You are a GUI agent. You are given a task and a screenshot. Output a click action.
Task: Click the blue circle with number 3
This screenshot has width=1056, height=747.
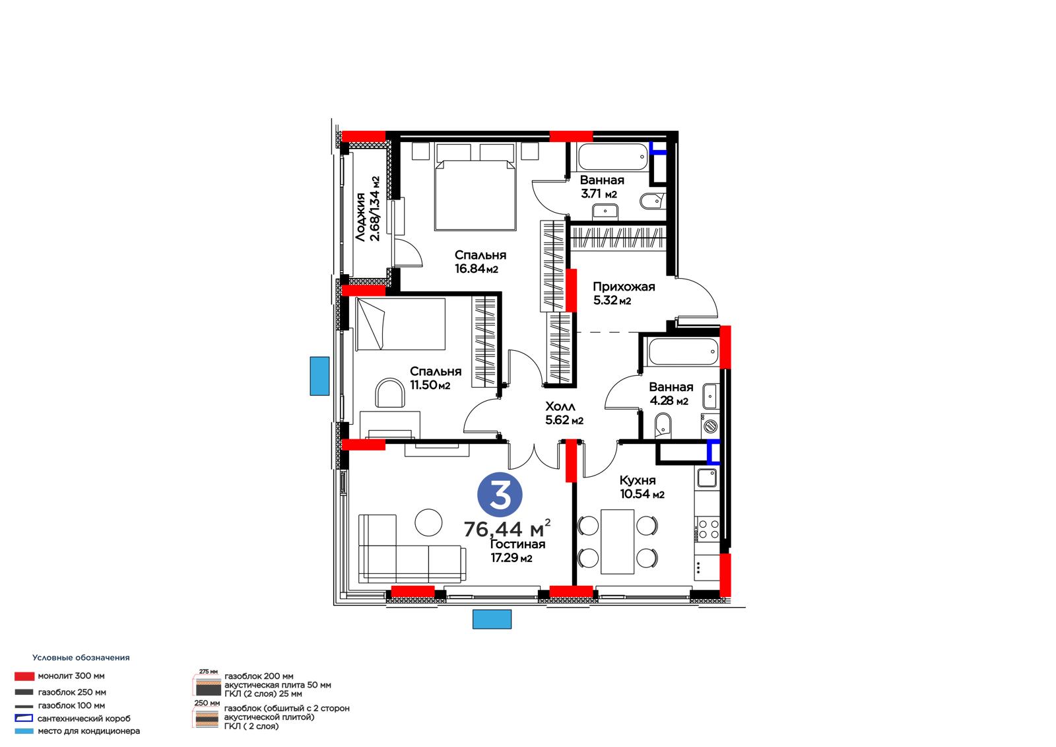coord(500,495)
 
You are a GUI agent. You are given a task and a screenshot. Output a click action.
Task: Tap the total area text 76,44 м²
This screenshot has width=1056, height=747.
coord(508,529)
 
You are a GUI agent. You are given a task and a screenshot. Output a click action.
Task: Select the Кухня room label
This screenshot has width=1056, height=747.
coord(638,480)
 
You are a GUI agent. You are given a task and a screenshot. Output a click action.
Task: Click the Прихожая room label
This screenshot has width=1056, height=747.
coord(624,287)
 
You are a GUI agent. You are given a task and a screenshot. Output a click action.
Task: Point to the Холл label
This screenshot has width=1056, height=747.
coord(560,406)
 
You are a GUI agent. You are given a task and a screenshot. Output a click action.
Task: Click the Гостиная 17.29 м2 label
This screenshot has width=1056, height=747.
coord(517,551)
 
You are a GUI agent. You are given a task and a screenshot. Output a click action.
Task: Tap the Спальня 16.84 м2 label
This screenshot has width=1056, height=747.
coord(480,262)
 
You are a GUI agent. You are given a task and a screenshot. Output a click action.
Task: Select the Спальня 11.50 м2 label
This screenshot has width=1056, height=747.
coord(435,378)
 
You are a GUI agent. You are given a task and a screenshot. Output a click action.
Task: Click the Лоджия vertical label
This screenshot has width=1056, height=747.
coord(360,217)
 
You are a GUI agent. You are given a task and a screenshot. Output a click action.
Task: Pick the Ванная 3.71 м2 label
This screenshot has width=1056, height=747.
coord(602,187)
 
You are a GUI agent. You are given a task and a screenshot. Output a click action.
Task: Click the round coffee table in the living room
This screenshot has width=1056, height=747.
coord(428,522)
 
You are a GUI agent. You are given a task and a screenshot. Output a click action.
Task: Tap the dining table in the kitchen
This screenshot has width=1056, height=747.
coord(618,541)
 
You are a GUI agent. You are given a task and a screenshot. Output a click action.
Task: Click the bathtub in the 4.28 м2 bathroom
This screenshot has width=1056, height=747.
coord(683,351)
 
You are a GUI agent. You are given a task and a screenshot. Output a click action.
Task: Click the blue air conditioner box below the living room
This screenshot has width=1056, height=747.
coord(492,619)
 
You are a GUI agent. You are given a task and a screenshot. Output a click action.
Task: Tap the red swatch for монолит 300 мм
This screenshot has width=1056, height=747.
coord(24,676)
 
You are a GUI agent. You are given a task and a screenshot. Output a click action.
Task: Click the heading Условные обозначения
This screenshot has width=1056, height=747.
coord(81,658)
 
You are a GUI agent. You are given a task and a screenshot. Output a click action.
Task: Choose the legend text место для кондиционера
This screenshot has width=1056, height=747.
coord(88,731)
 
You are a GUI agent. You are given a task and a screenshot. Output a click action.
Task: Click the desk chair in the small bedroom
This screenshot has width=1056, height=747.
coord(389,392)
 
